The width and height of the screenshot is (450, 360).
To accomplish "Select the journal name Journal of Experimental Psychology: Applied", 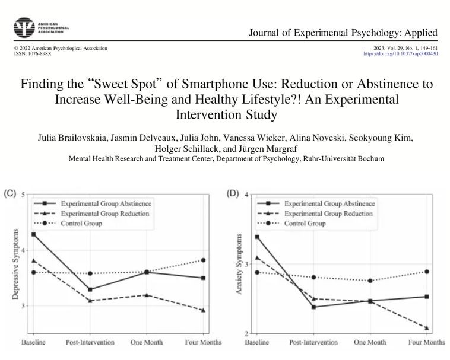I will [x=344, y=31].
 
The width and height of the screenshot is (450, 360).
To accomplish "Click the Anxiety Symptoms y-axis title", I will [x=239, y=264].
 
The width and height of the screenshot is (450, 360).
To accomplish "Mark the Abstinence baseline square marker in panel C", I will [x=33, y=235].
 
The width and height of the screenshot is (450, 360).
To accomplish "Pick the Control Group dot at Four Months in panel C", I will [x=203, y=260].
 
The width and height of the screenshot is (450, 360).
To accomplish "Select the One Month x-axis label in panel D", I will [x=370, y=342].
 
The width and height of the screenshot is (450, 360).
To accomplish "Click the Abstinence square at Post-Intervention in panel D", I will [x=313, y=307].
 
